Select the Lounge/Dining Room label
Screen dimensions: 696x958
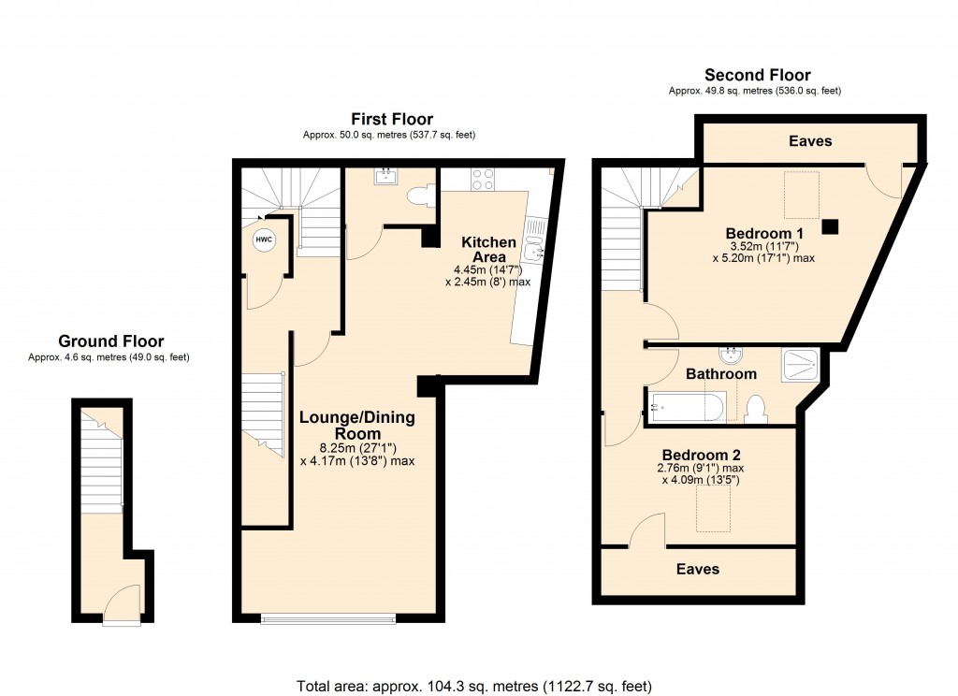pyautogui.click(x=357, y=426)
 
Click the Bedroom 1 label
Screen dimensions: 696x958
pyautogui.click(x=764, y=233)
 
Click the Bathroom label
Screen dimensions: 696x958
pyautogui.click(x=720, y=374)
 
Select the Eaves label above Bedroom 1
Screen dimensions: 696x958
pyautogui.click(x=809, y=141)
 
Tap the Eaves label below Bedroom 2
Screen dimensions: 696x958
pyautogui.click(x=698, y=569)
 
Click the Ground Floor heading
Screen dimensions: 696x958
pyautogui.click(x=110, y=341)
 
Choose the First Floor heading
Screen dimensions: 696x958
pyautogui.click(x=391, y=119)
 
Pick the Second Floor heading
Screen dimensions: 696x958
pyautogui.click(x=758, y=75)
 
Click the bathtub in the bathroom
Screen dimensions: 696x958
pyautogui.click(x=685, y=408)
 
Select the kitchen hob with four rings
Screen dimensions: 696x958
pyautogui.click(x=483, y=179)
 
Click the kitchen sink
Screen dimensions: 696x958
pyautogui.click(x=536, y=249)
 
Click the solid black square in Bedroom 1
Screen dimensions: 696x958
pyautogui.click(x=830, y=225)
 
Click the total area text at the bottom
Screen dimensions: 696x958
pyautogui.click(x=473, y=685)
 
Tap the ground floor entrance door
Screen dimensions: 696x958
pyautogui.click(x=121, y=608)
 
